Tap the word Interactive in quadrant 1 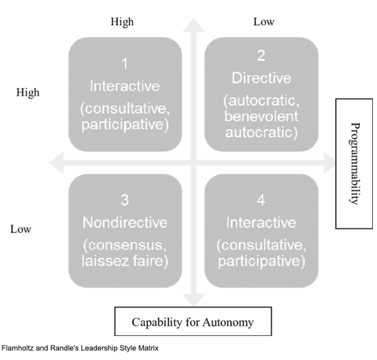125,87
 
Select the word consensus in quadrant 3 130,245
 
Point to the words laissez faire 125,262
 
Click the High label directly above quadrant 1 122,21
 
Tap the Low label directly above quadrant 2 264,21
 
